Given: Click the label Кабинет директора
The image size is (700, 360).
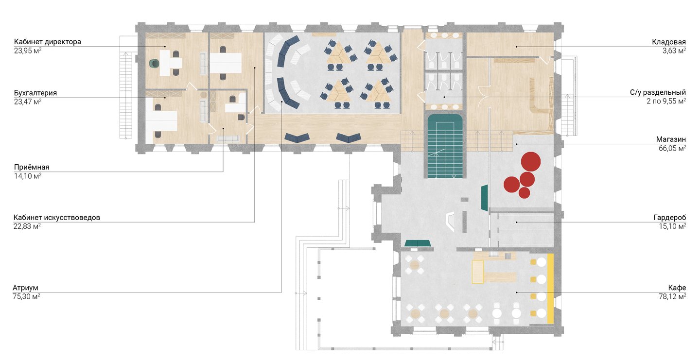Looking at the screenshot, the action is (48, 41).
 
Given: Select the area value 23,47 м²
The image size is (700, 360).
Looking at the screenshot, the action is (28, 102).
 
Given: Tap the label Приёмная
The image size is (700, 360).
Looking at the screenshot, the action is (32, 167).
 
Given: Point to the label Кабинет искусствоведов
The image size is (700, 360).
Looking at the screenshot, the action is (56, 217).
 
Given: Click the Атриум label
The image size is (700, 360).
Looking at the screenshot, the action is (25, 288).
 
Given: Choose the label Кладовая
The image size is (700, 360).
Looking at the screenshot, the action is (669, 42).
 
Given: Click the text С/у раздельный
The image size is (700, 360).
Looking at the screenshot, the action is (658, 92).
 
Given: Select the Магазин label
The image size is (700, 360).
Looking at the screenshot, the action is (671, 139).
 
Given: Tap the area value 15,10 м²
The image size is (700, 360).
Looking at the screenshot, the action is (672, 226).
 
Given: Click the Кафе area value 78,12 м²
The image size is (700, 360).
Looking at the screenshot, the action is (672, 296).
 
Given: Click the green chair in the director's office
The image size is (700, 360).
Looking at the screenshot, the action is (154, 64).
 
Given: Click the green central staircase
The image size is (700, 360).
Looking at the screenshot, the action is (445, 146).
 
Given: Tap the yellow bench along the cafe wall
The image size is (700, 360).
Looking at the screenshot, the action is (550, 289).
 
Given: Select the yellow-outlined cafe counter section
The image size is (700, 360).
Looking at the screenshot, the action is (477, 272).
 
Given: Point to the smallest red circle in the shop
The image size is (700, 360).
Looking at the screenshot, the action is (525, 193).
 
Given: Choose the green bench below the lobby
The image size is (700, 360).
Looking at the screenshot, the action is (418, 243).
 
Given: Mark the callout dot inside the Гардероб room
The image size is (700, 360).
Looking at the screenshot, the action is (517, 222).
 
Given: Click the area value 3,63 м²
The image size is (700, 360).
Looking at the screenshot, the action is (674, 51).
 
